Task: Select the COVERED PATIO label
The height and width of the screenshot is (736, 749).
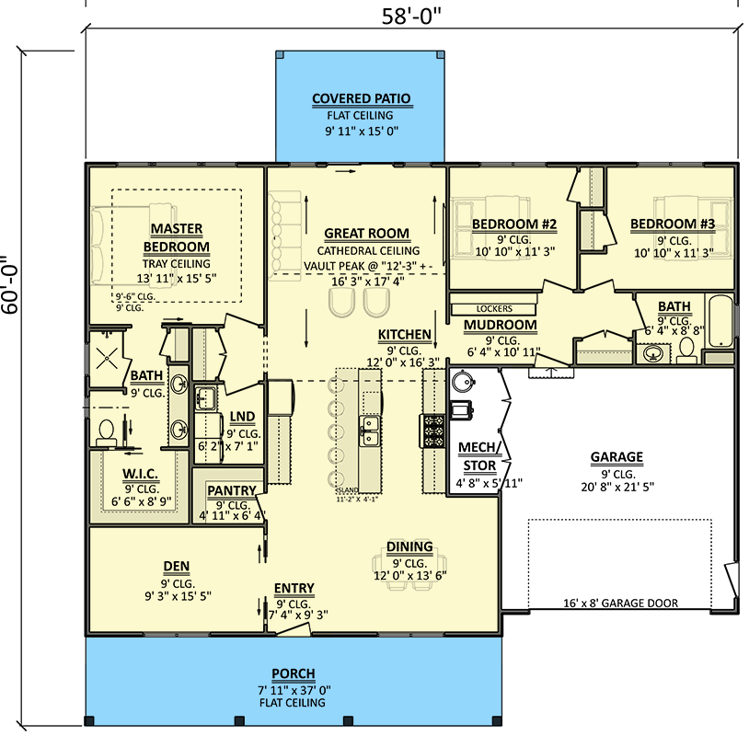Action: click(x=361, y=99)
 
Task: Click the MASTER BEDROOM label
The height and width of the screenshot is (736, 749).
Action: click(x=177, y=237)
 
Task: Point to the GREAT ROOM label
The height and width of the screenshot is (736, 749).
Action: click(x=367, y=234)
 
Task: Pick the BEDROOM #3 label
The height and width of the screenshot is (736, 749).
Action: click(x=673, y=224)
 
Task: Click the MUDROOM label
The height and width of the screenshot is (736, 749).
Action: click(x=500, y=325)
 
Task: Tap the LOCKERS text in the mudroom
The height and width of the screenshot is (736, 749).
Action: click(x=494, y=309)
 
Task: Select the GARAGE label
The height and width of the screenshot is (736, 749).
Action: click(x=616, y=457)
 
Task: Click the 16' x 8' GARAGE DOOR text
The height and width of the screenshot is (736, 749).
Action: click(x=620, y=604)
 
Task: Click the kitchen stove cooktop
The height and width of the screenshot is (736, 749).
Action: click(x=432, y=431)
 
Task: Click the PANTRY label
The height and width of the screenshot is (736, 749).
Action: click(x=231, y=491)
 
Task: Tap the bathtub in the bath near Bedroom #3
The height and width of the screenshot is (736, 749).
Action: click(x=720, y=321)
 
